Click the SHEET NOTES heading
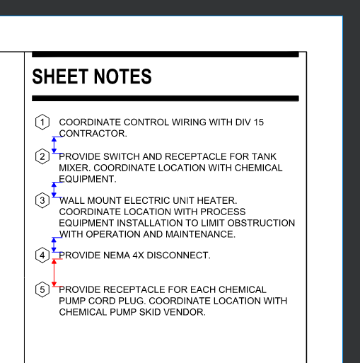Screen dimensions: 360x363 click(x=92, y=76)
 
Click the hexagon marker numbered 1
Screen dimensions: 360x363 click(x=42, y=122)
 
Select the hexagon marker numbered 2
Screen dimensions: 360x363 click(x=42, y=156)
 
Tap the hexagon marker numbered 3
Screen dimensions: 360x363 click(x=42, y=200)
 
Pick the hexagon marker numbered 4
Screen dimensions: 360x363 click(x=42, y=255)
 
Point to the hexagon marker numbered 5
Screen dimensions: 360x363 click(x=42, y=289)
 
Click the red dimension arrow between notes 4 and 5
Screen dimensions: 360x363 click(x=54, y=272)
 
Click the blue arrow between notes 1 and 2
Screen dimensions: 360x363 click(x=54, y=144)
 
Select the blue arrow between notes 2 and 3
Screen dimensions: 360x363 click(x=54, y=189)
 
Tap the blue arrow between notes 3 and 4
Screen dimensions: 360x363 click(x=54, y=245)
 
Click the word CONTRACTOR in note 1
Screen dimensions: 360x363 click(x=93, y=133)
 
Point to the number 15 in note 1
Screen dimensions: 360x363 click(x=258, y=122)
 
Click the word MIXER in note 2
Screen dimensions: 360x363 click(x=75, y=168)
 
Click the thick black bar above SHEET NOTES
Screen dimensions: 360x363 click(x=166, y=54)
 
